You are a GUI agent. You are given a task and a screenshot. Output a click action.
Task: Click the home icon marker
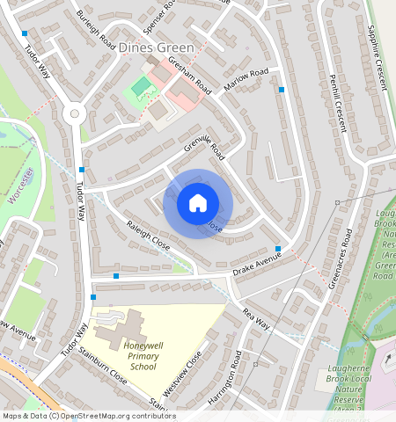pos(198,203)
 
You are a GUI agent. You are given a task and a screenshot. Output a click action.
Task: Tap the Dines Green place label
pos(152,47)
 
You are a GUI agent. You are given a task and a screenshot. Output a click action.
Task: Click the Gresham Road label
pos(191,77)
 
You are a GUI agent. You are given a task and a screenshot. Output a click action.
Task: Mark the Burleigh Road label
pos(96,29)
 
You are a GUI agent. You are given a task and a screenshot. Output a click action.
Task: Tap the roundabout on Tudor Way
pos(75,113)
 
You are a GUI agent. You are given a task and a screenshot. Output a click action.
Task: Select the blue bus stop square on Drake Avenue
pos(279,249)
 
